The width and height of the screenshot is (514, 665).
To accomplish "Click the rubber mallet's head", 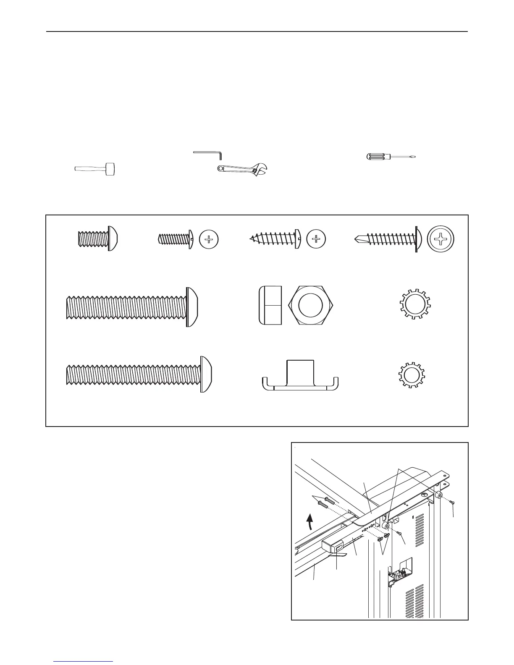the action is (x=110, y=169).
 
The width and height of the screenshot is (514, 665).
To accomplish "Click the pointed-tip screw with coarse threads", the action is (x=275, y=239).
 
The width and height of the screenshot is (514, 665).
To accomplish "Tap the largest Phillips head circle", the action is (x=441, y=240).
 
